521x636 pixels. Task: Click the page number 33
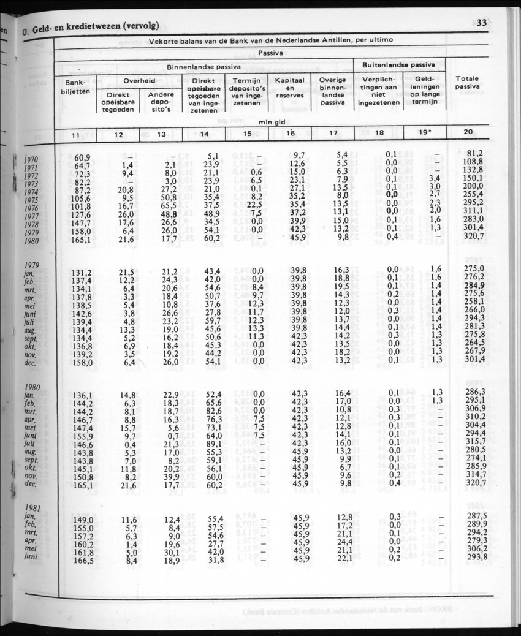pos(481,23)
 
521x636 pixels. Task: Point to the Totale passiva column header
pos(467,83)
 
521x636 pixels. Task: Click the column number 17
pos(333,134)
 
